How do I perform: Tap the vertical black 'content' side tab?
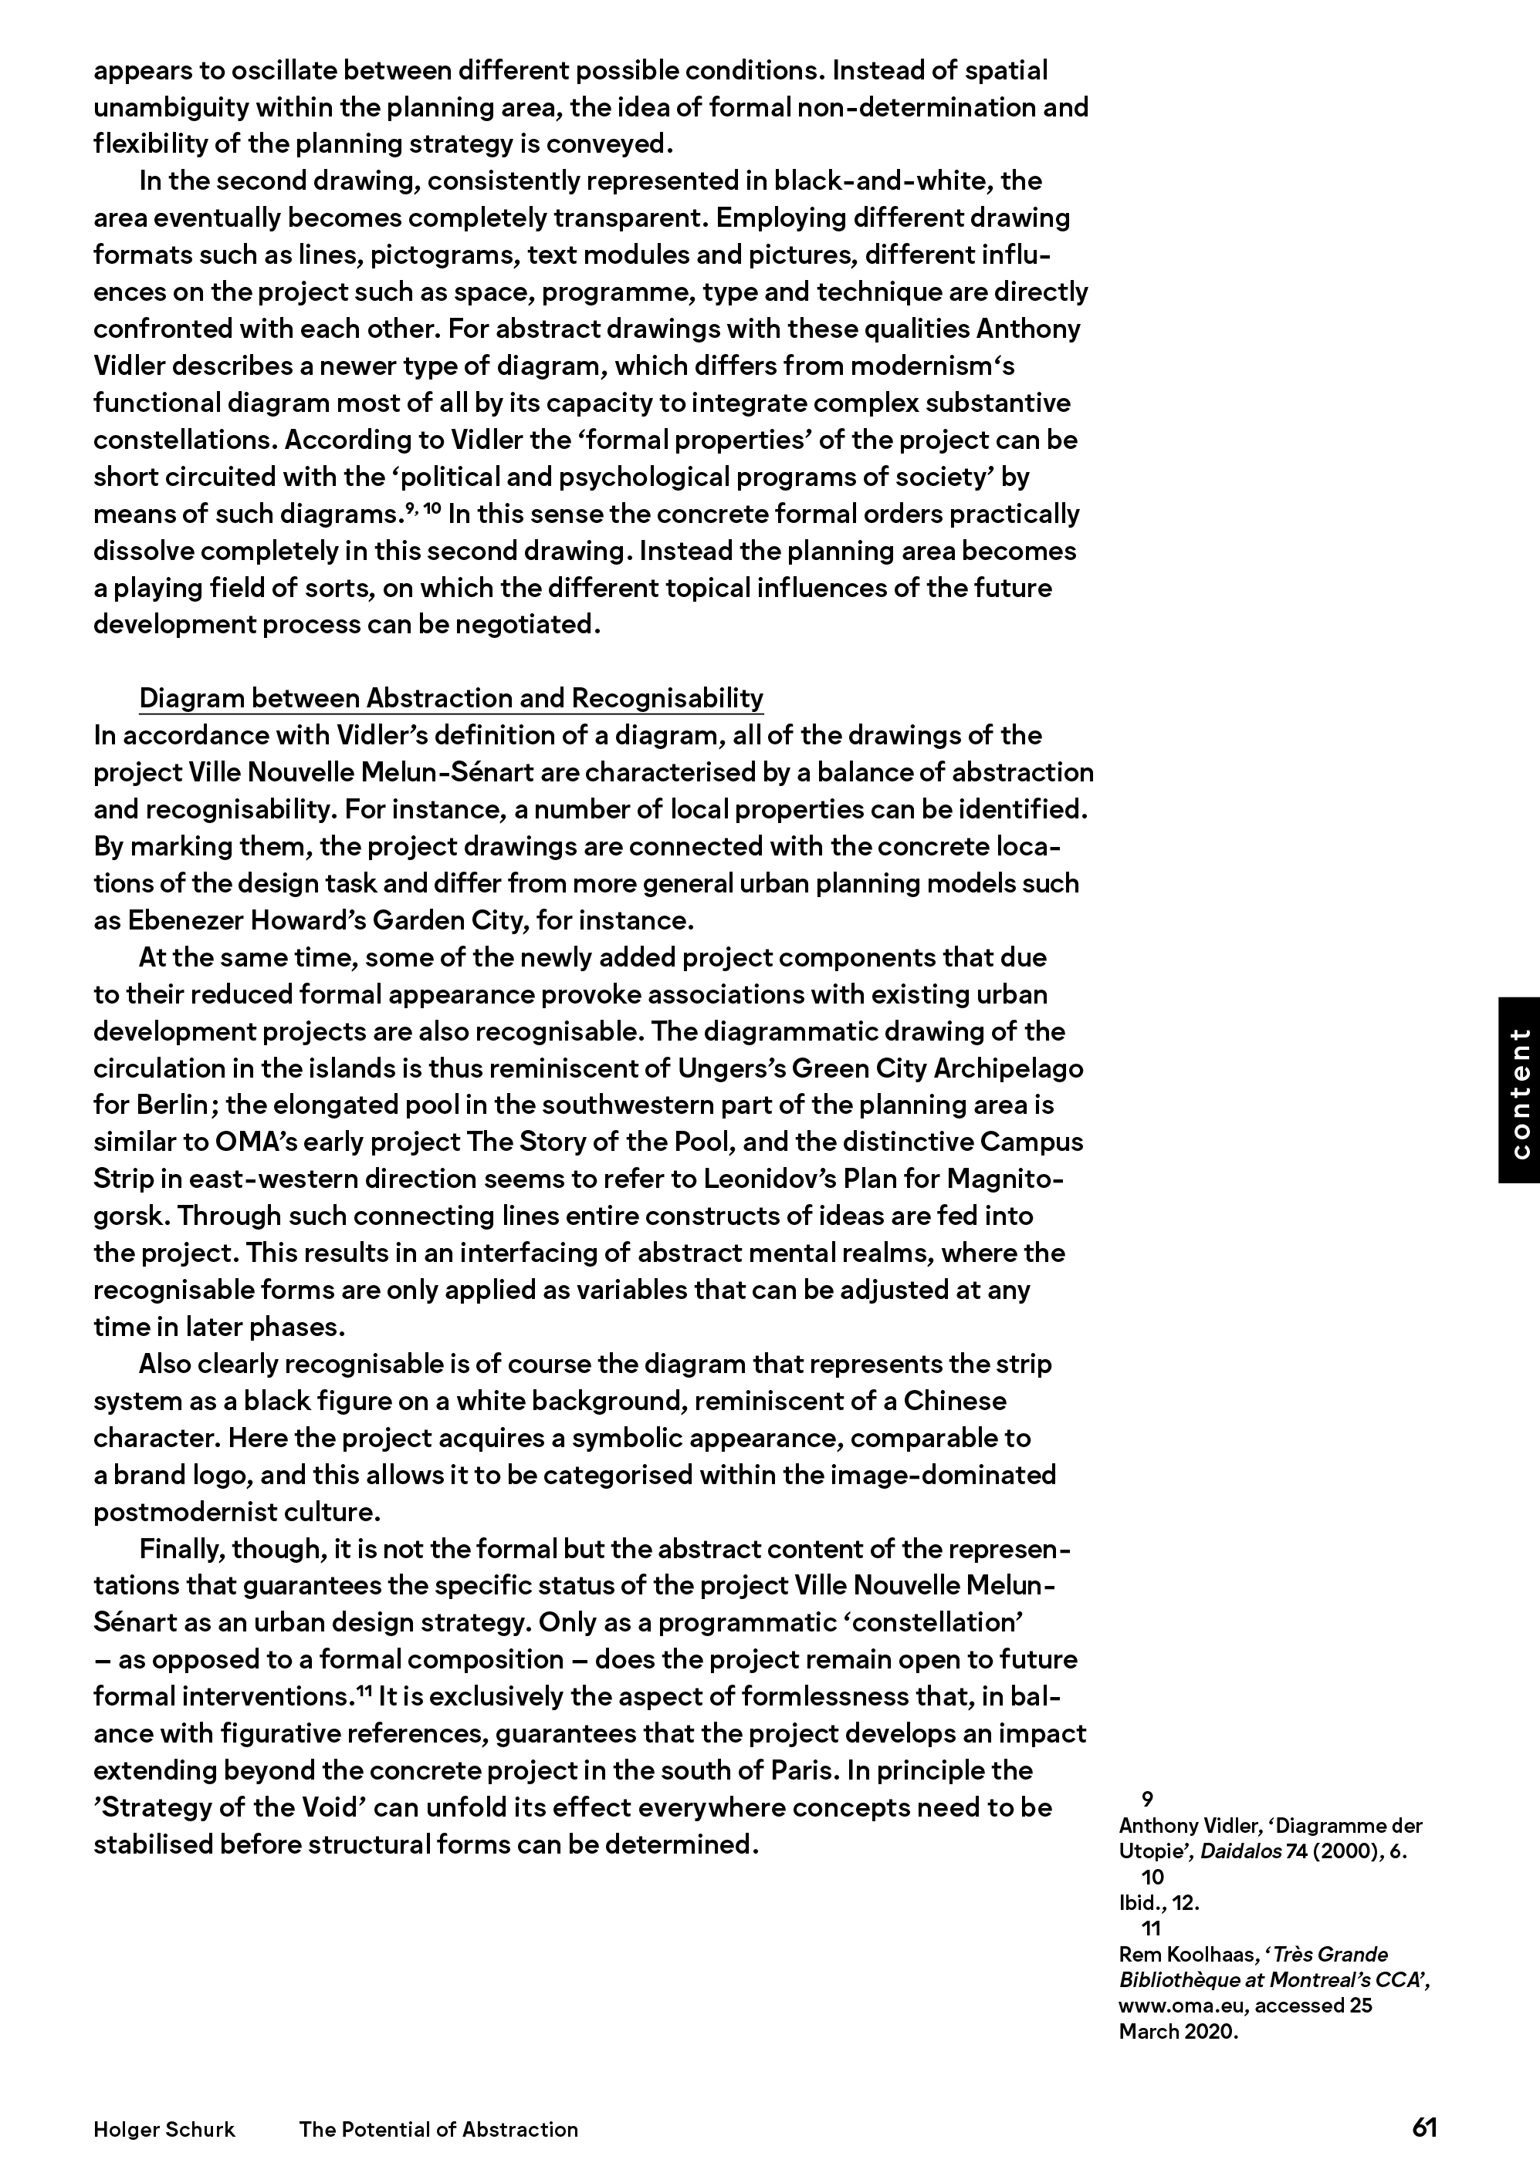click(x=1519, y=1090)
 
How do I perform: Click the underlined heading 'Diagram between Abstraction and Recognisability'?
click(x=451, y=699)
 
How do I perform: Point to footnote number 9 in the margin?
click(x=1147, y=1799)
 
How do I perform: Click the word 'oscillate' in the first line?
click(x=279, y=70)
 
